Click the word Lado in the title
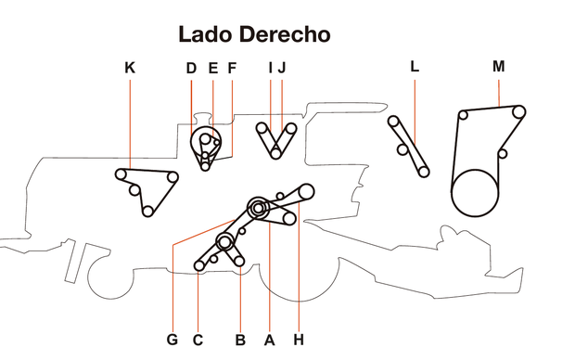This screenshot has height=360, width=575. (208, 35)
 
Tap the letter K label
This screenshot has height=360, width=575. (129, 68)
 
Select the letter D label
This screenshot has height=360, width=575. (191, 68)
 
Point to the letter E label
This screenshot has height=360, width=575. (212, 68)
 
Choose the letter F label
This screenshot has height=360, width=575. (232, 68)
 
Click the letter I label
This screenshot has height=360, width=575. (271, 68)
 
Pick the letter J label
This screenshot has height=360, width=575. (282, 68)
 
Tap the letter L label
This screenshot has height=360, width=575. (415, 67)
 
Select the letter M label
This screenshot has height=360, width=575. (499, 67)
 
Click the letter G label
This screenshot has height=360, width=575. (172, 340)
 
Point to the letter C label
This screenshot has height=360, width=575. (198, 340)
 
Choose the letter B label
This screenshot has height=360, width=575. (240, 340)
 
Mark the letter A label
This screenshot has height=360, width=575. (270, 340)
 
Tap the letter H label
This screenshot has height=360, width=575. (299, 340)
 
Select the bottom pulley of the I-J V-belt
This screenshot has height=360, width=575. (275, 154)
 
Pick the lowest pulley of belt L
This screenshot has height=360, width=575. (423, 172)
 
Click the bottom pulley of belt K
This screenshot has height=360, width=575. (147, 212)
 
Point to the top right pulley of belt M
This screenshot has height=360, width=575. (518, 113)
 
